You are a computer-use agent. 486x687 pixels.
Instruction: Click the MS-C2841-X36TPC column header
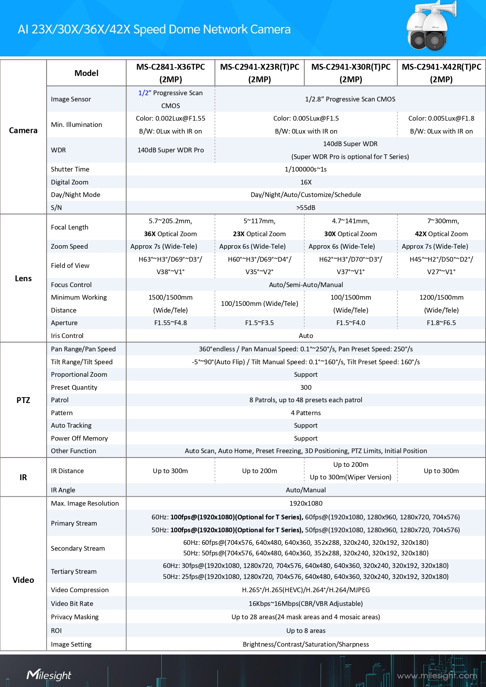tap(170, 73)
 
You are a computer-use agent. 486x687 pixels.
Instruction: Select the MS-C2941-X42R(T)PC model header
tap(441, 73)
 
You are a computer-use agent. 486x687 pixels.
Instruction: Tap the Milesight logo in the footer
tap(49, 675)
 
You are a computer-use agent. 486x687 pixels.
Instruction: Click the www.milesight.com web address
tap(437, 676)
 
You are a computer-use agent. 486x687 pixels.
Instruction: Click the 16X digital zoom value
tap(306, 182)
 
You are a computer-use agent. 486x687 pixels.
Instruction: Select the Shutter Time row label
tap(70, 169)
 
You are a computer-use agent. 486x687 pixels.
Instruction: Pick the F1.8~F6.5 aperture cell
tap(441, 323)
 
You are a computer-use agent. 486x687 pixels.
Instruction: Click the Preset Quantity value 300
tap(306, 387)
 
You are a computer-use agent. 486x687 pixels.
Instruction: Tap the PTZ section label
tap(23, 400)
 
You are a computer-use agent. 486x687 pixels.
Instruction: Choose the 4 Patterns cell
tap(306, 413)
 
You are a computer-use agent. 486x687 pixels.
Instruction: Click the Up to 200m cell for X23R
tap(260, 471)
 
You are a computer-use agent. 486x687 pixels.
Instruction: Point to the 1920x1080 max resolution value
tap(306, 503)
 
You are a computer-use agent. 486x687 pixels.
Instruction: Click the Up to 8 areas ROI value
tap(306, 631)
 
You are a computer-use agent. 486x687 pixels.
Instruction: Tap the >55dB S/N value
tap(306, 208)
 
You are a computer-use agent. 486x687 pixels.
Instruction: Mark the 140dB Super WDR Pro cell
tap(170, 150)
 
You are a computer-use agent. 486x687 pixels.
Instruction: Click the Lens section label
tap(23, 278)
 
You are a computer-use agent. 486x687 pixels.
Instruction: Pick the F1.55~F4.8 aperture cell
tap(170, 323)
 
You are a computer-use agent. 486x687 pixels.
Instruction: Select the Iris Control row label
tap(67, 336)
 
